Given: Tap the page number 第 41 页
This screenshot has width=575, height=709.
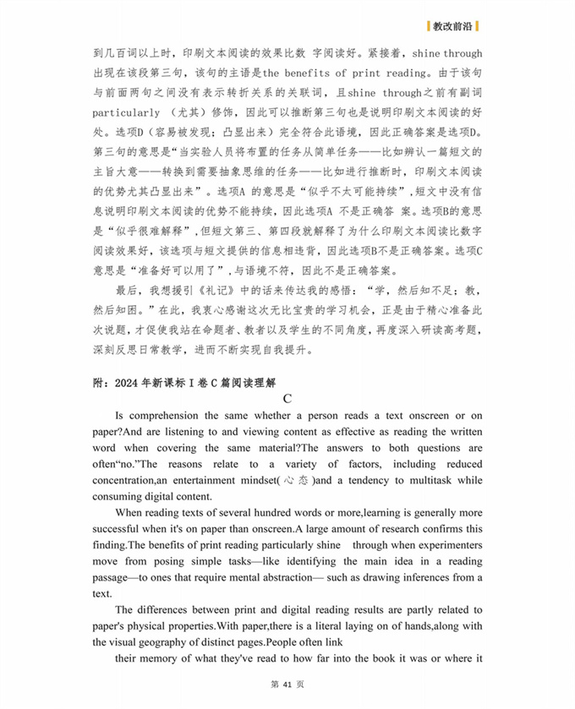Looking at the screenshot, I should [287, 684].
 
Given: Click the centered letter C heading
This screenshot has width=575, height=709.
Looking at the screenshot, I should [287, 399].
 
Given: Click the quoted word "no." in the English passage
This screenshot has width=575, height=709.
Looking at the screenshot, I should [134, 464].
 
